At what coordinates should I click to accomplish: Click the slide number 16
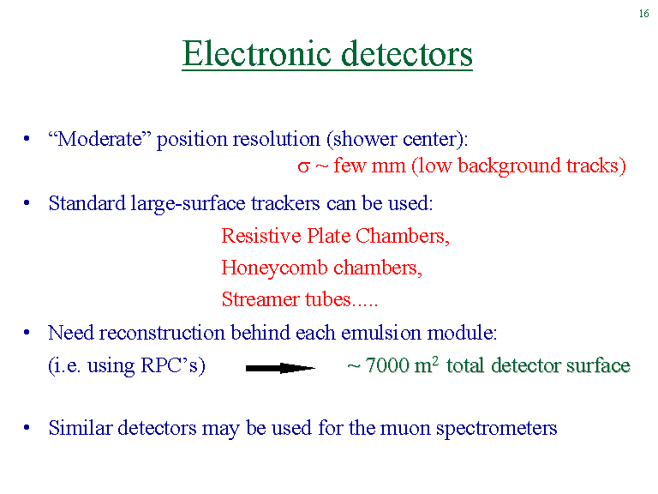(x=643, y=14)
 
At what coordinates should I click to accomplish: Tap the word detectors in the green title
(x=407, y=54)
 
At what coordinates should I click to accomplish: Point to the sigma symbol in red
(x=303, y=166)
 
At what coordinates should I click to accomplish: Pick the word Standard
(x=87, y=203)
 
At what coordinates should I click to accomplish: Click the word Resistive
(x=261, y=236)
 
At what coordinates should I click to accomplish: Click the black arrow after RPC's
(x=280, y=369)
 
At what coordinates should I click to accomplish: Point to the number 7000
(x=387, y=365)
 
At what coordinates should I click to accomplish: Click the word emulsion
(x=380, y=333)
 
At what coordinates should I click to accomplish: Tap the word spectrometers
(x=496, y=429)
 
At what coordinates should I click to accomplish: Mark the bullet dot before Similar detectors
(x=27, y=428)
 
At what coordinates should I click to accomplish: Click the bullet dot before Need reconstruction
(x=27, y=333)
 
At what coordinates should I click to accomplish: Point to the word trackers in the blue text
(x=285, y=203)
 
